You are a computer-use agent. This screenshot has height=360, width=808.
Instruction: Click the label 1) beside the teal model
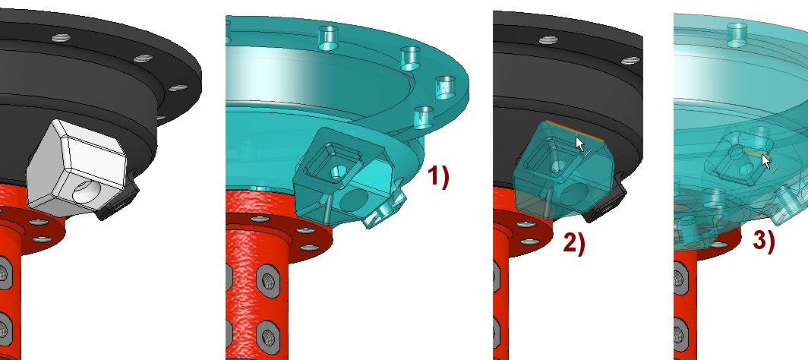(438, 177)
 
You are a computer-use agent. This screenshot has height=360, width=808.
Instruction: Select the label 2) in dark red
(574, 243)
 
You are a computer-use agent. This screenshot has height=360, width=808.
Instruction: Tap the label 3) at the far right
(764, 241)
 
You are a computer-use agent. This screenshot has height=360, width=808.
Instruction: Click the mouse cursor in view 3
(766, 162)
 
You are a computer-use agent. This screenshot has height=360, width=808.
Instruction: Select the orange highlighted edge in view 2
(574, 131)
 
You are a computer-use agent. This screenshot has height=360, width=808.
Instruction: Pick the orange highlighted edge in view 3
(756, 152)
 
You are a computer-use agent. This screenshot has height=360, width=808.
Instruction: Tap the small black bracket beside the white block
(119, 198)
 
